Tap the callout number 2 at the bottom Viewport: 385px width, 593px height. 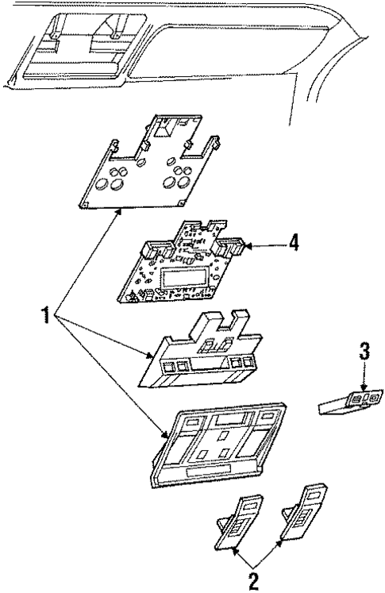pos(255,580)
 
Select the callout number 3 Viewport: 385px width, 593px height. pos(364,351)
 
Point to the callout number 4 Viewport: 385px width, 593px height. pos(294,243)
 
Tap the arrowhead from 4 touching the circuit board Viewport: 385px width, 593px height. pos(247,247)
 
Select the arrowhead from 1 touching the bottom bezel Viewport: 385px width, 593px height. pos(166,434)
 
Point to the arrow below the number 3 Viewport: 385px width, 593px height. pos(364,382)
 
